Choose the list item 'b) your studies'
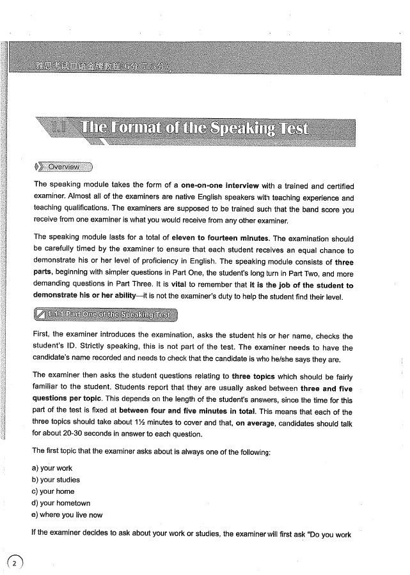[x=56, y=480]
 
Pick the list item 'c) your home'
[x=53, y=491]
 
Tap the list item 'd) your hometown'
[x=61, y=503]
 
